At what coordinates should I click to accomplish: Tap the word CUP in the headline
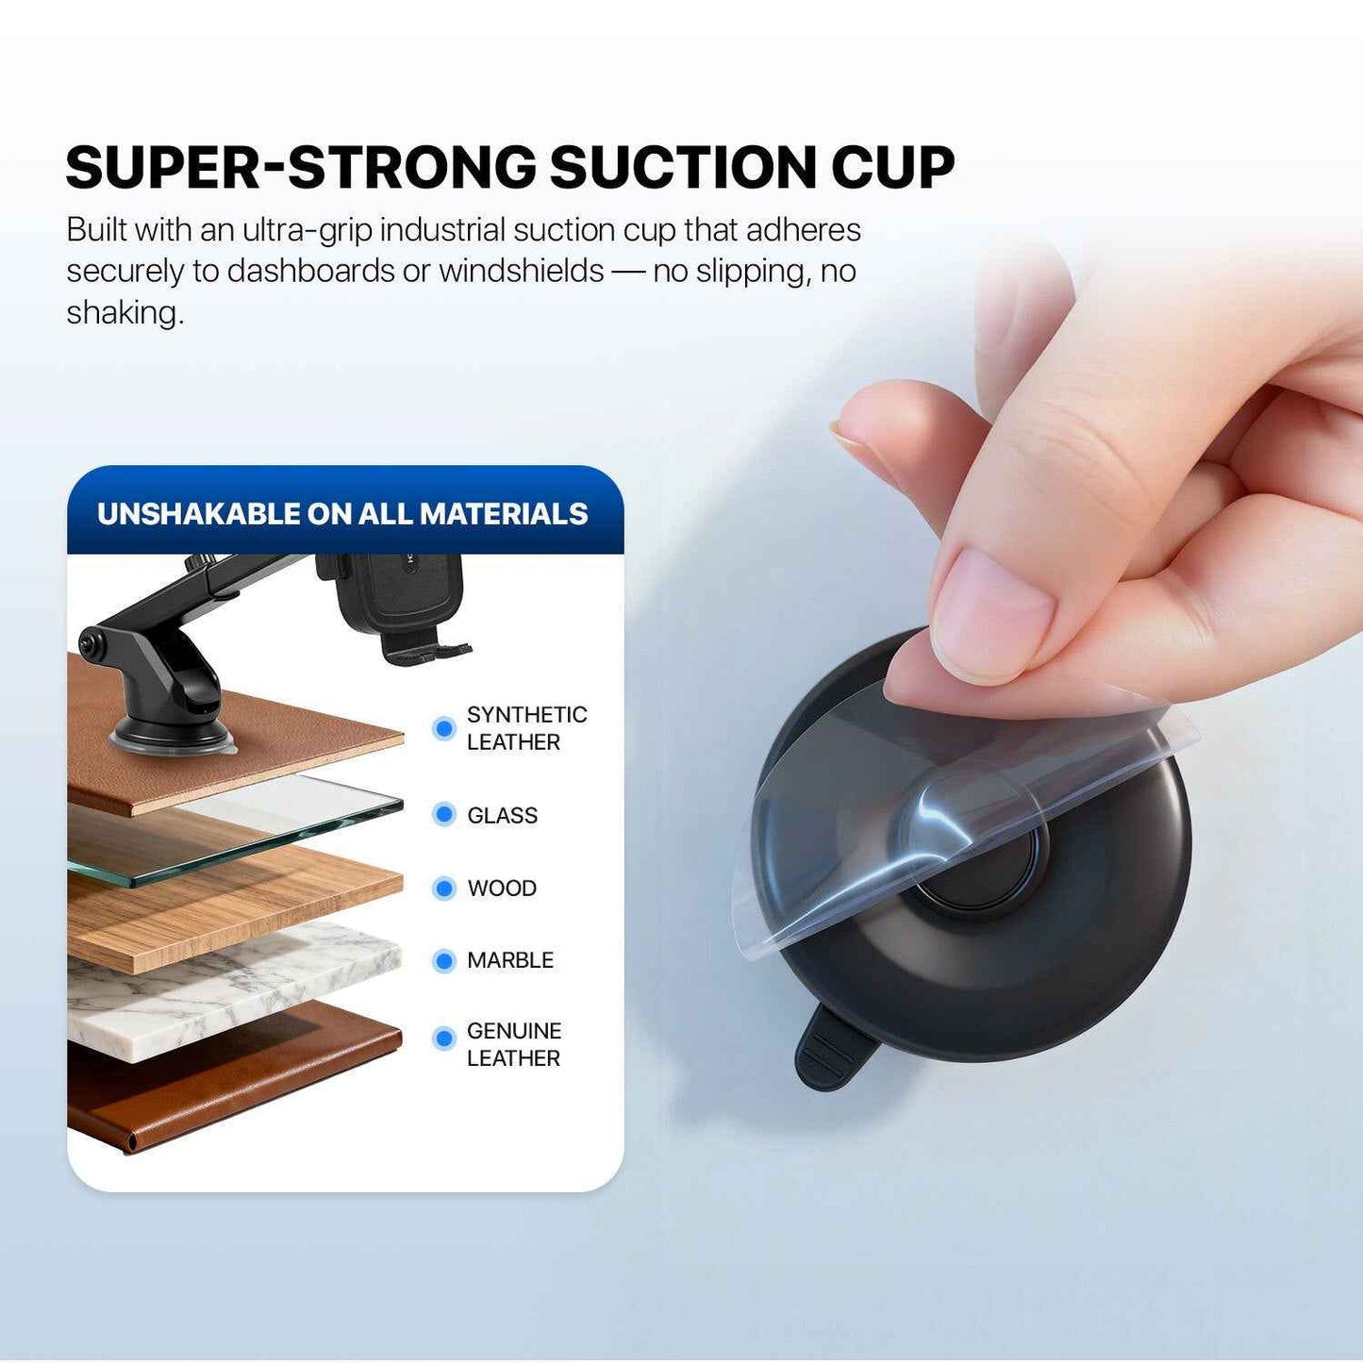click(x=892, y=168)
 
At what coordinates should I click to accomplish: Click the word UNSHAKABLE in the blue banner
click(x=197, y=513)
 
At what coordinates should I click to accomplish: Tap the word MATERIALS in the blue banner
click(x=504, y=513)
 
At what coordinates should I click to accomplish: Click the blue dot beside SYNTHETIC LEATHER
click(x=443, y=728)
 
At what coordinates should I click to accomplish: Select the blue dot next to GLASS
click(x=443, y=814)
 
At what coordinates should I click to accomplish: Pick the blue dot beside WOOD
click(x=443, y=888)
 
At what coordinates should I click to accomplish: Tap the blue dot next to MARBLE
click(x=443, y=960)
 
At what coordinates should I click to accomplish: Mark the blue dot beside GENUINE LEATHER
click(x=443, y=1039)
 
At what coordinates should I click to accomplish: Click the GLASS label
click(x=502, y=815)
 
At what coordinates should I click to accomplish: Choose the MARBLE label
click(x=510, y=960)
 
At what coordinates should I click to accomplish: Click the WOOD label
click(x=502, y=889)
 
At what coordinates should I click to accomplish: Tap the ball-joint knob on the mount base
click(x=91, y=644)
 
